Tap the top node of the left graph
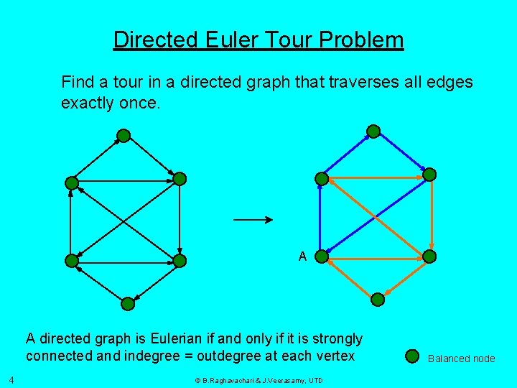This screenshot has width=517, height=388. coord(124,135)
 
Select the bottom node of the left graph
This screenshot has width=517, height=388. coord(128,304)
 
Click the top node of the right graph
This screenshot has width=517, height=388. coord(373,131)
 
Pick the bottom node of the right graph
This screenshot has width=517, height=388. coord(378,300)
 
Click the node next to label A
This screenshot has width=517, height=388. coord(322,256)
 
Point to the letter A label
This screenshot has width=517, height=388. coord(302,257)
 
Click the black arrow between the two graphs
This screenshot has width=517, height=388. coord(253,219)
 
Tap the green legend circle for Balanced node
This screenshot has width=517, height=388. coord(412,356)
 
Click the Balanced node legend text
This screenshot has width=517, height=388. coord(461,359)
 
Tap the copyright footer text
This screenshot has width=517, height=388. coord(258,380)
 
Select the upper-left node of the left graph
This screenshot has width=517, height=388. coord(72,183)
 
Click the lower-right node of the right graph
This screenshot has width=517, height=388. coord(429,257)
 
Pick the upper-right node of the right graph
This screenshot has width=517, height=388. coord(429,175)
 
